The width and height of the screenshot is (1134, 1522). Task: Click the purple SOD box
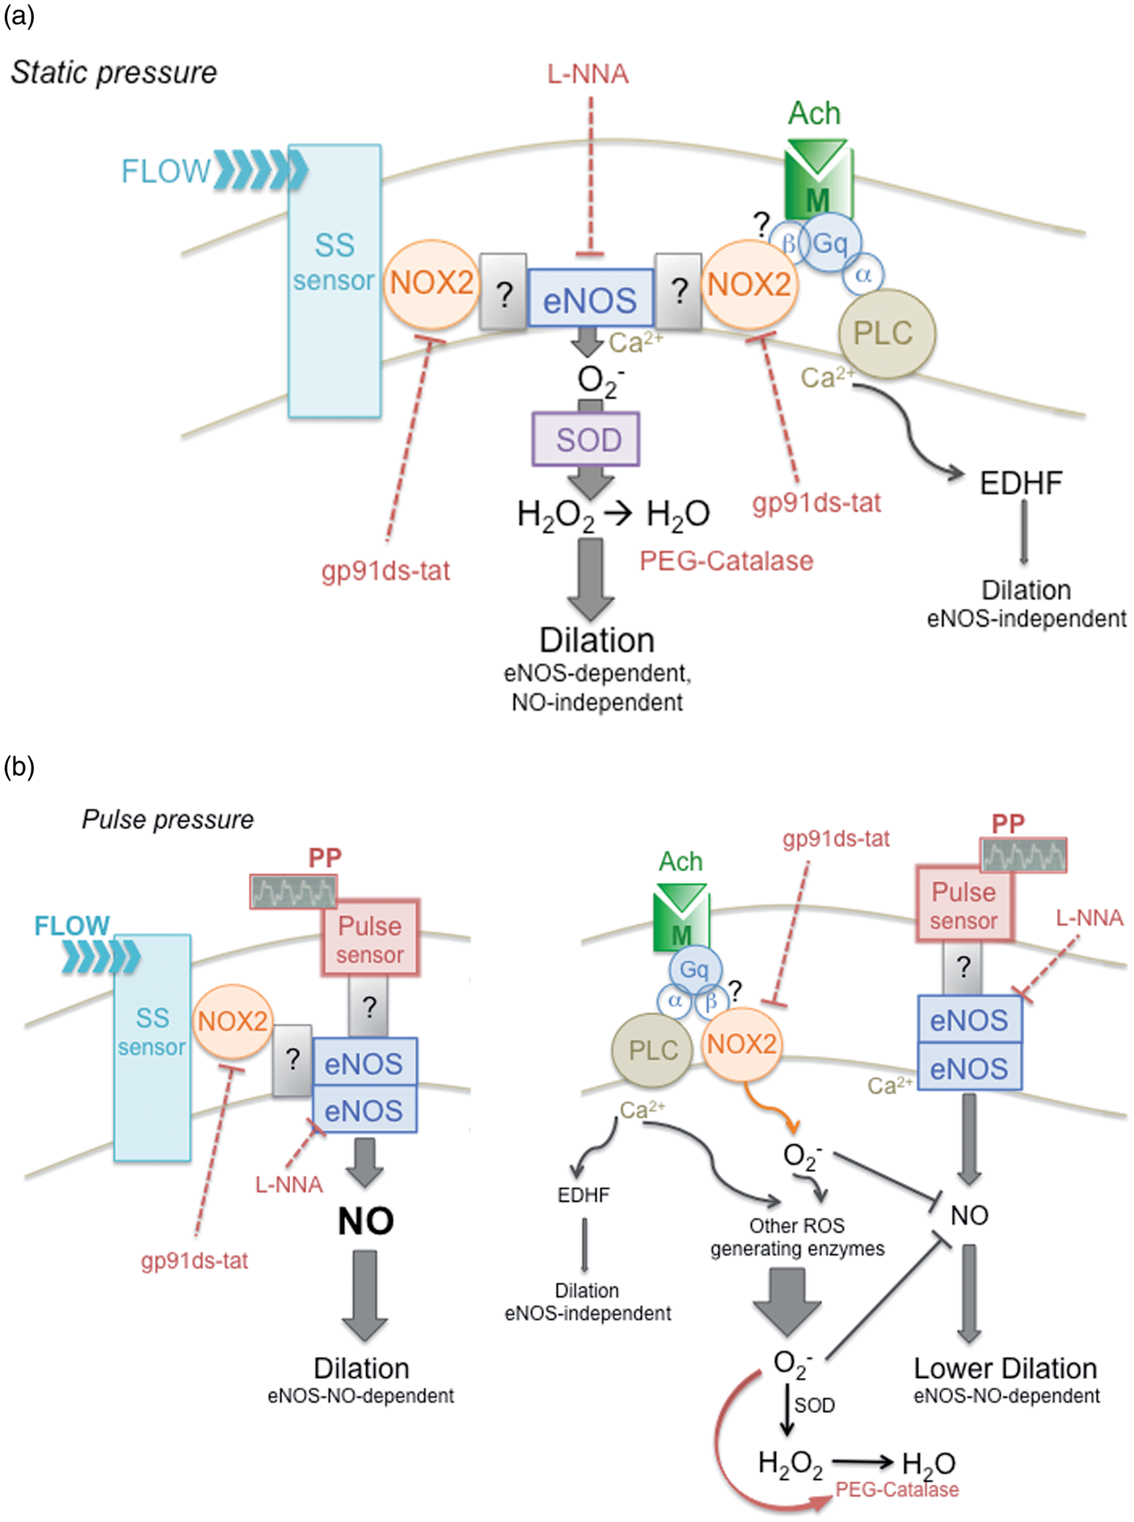pos(586,439)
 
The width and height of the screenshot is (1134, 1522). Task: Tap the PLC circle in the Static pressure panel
pos(887,333)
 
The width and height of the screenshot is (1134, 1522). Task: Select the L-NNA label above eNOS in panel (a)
pos(588,74)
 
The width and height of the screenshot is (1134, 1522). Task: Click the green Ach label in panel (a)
pos(814,113)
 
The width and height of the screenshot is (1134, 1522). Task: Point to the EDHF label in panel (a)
pos(1021,483)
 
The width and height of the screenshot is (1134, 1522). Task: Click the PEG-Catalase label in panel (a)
pos(726,560)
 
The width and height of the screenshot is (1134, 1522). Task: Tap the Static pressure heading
pos(114,73)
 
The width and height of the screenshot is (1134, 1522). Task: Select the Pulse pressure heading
pos(168,819)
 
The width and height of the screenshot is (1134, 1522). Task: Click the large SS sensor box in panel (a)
pos(335,281)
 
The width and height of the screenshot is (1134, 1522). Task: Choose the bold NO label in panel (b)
pos(365,1221)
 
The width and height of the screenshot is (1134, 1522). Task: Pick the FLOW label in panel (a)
pos(166,171)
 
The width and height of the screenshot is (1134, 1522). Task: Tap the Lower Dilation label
pos(1005,1368)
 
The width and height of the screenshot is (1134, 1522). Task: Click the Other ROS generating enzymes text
pos(797,1237)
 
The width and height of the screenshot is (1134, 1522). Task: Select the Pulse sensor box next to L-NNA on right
pos(963,904)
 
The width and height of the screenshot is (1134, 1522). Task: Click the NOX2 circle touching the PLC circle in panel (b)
pos(741,1044)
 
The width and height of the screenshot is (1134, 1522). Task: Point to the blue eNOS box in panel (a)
pos(590,298)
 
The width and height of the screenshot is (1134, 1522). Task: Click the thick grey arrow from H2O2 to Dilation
pos(591,579)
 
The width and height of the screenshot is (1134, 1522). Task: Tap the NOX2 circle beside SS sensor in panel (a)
pos(432,284)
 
